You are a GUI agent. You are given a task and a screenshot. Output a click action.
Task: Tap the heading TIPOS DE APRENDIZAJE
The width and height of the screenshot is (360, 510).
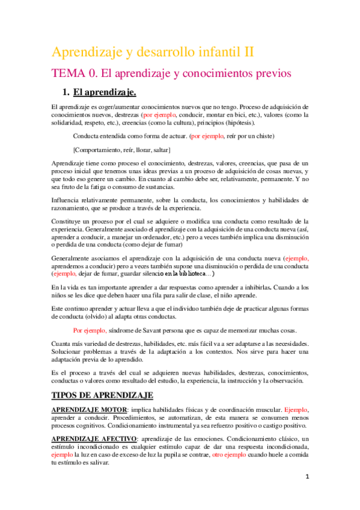coord(102,396)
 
